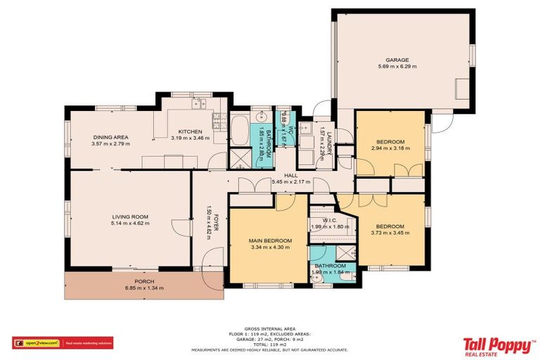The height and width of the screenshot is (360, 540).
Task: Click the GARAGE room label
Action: (x=396, y=60)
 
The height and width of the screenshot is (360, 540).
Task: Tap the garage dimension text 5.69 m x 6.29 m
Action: (x=396, y=67)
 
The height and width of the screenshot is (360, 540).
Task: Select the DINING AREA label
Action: (x=110, y=137)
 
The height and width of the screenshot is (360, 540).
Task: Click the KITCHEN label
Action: (x=190, y=131)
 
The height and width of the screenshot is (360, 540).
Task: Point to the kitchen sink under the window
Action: (x=199, y=105)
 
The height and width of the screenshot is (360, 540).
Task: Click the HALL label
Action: (x=289, y=176)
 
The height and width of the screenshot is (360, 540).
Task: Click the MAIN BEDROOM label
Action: (x=270, y=240)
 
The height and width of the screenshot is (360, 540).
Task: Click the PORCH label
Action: (x=134, y=281)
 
